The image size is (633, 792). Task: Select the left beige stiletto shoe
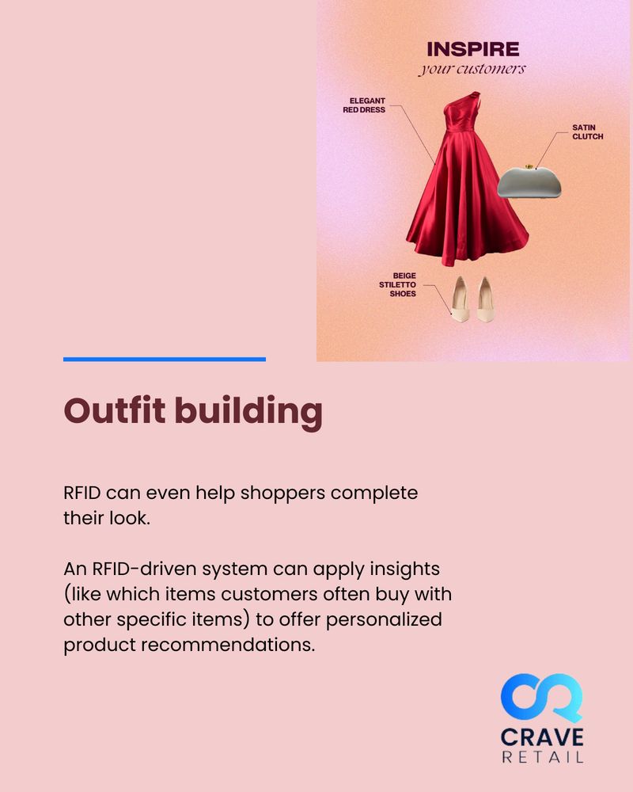[x=460, y=300]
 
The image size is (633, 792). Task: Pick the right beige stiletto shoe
[x=484, y=299]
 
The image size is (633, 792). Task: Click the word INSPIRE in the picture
[x=473, y=50]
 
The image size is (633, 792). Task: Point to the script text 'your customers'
[x=472, y=69]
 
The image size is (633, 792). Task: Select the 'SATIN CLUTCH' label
[x=588, y=131]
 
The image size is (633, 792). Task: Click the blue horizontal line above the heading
[x=164, y=360]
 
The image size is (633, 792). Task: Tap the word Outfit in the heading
[x=114, y=412]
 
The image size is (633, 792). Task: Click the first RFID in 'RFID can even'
[x=82, y=493]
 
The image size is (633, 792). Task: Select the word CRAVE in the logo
[x=542, y=737]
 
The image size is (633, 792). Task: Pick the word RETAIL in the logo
[x=542, y=758]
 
